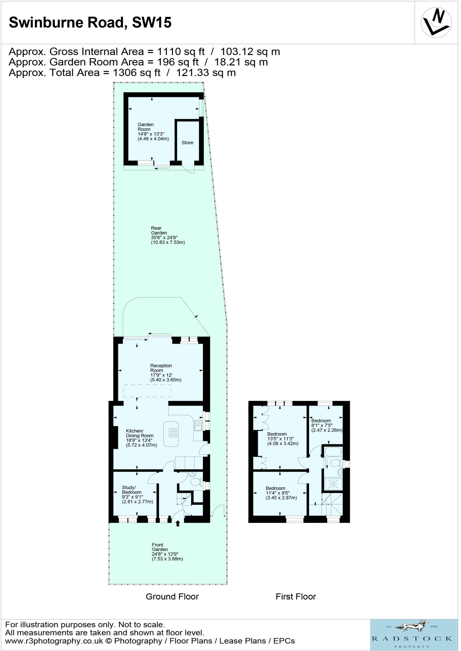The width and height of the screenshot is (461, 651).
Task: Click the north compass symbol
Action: click(x=436, y=22)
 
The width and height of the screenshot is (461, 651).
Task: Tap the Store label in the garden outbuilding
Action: click(x=187, y=143)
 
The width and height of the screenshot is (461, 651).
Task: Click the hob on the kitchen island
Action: click(x=173, y=432)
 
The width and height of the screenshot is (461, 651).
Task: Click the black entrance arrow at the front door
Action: click(x=177, y=523)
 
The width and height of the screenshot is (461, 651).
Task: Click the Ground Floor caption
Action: click(x=172, y=597)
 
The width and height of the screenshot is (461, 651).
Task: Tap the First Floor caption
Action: click(x=296, y=597)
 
